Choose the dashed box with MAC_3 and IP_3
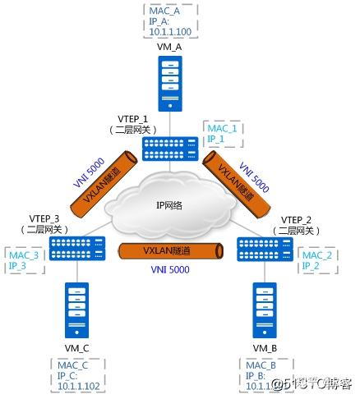click(22, 261)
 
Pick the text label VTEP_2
click(293, 219)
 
